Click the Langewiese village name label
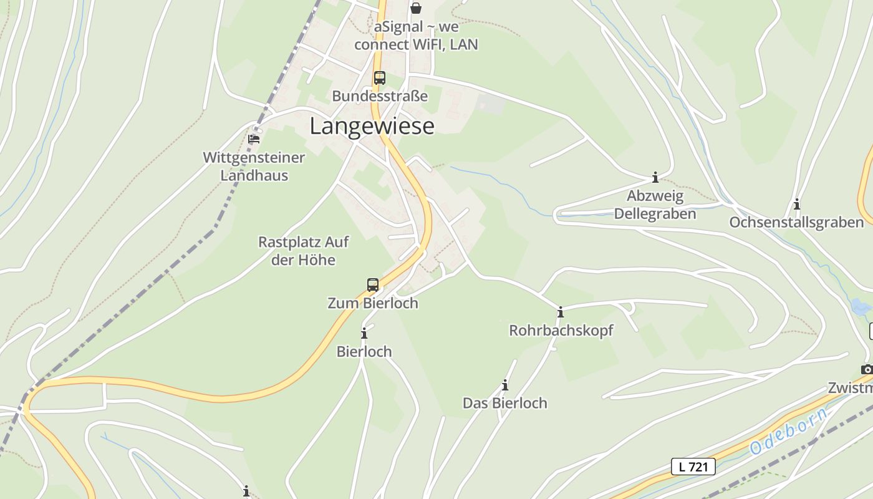coord(372,126)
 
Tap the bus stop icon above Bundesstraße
coord(379,78)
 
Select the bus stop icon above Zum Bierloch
coord(373,285)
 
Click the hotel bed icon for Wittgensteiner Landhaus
coord(254,138)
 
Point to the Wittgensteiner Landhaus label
coord(254,167)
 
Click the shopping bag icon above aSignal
coord(416,8)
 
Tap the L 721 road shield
coord(693,466)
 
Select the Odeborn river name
coord(789,430)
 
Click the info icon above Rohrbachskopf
coord(561,312)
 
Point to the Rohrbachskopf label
coord(561,331)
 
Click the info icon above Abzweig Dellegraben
coord(655,178)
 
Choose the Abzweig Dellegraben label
coord(655,205)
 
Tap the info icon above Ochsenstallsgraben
coord(796,204)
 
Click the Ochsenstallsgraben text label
coord(796,223)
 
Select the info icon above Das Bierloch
coord(504,385)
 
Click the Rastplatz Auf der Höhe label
coord(304,251)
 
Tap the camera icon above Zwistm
coord(866,369)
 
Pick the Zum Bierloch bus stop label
coord(373,303)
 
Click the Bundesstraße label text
coord(380,96)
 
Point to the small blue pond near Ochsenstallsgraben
coord(861,306)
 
